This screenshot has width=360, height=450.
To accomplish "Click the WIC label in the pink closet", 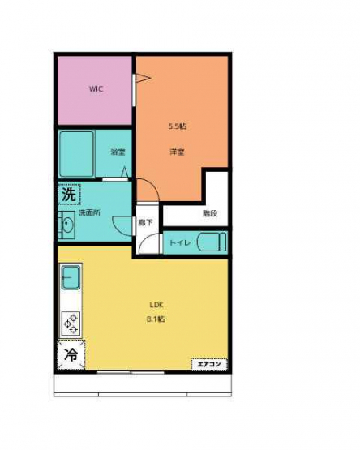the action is click(x=96, y=88).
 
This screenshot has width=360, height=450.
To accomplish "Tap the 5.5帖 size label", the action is click(x=177, y=126).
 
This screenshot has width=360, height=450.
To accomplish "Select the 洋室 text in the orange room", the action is click(x=177, y=152).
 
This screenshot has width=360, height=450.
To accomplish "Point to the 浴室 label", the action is click(x=118, y=152).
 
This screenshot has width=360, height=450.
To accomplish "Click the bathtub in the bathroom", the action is click(x=77, y=154).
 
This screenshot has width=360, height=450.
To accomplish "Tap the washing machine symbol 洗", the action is click(x=69, y=195).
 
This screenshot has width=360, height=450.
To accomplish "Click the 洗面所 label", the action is click(x=89, y=213).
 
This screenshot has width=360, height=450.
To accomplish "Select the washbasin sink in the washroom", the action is click(x=68, y=225).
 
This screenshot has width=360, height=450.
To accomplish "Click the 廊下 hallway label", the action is click(x=145, y=222).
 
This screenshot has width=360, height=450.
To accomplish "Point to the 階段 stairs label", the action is click(x=210, y=213).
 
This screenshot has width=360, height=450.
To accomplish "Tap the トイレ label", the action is click(x=180, y=243).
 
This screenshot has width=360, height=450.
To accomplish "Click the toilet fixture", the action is click(x=212, y=242).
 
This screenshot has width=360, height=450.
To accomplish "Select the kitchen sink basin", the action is click(x=71, y=277).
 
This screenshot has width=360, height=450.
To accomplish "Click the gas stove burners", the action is click(x=71, y=324).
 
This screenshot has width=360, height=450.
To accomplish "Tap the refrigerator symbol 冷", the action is click(x=71, y=354).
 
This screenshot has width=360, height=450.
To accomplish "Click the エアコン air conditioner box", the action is click(x=209, y=364).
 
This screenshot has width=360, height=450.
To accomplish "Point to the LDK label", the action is click(x=156, y=305).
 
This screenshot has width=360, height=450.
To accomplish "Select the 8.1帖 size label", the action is click(x=156, y=319).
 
